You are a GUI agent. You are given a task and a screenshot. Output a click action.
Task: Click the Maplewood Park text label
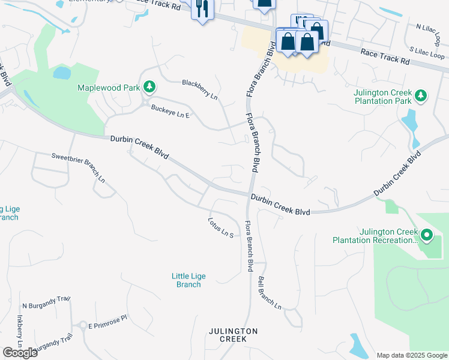(109, 88)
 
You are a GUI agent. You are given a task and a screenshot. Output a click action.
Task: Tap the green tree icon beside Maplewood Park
(149, 88)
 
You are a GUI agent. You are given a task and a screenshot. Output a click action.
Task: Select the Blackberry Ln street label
(199, 89)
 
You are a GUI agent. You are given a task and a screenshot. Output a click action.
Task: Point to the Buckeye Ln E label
(170, 111)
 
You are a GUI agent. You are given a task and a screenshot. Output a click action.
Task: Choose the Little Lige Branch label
(188, 280)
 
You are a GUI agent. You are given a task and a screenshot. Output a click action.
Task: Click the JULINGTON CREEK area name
(234, 335)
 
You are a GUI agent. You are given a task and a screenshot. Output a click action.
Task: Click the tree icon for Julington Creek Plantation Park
(421, 96)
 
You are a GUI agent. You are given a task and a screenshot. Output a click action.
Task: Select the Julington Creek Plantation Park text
(383, 97)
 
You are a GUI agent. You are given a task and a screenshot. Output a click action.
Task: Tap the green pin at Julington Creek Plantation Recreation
(427, 235)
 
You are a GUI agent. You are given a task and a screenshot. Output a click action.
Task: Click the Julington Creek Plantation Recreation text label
(376, 236)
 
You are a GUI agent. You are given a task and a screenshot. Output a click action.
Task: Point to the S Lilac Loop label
(427, 51)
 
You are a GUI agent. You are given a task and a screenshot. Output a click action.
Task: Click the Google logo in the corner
(20, 352)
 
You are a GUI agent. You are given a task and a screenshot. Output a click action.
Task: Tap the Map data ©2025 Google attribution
(411, 355)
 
